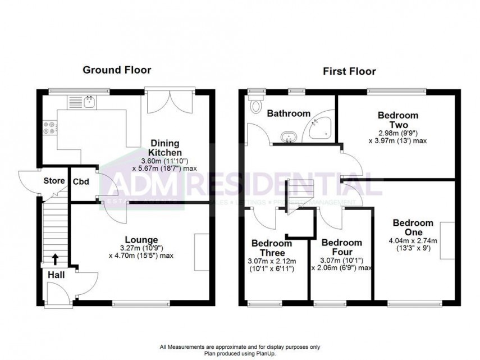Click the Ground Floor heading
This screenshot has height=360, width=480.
coord(117,70)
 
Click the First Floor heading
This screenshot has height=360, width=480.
coord(349,71)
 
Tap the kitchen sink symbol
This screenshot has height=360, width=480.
coord(89,102)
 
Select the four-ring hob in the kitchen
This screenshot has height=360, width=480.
coord(48,128)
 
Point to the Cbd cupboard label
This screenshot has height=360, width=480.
coord(80,182)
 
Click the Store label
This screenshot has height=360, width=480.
coord(53,181)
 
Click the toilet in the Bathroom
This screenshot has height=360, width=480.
coord(257,104)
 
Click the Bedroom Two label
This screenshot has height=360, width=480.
coord(393,120)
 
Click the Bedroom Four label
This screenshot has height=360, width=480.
coord(341,248)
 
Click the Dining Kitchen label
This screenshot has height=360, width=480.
coord(164,147)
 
